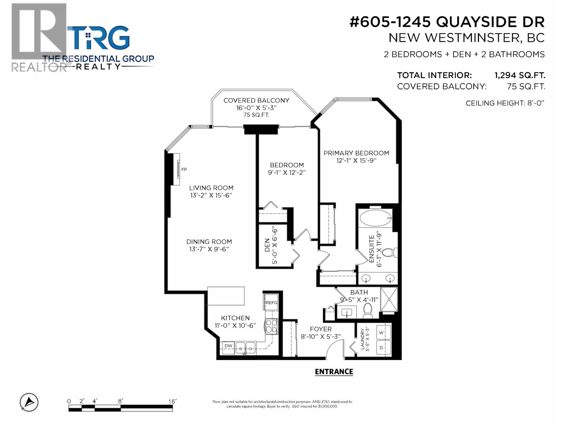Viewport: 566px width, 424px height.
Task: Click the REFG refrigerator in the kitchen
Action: (x=271, y=302)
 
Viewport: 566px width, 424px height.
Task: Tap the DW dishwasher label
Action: (x=228, y=346)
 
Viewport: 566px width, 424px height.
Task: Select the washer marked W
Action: (x=381, y=332)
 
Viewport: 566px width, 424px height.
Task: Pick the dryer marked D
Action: (x=381, y=347)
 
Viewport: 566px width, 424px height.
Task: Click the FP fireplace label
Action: (x=184, y=169)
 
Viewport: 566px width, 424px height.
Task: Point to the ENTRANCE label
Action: (x=334, y=372)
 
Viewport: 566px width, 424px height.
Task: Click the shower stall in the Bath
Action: (x=389, y=299)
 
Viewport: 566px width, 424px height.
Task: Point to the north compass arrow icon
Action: (x=29, y=402)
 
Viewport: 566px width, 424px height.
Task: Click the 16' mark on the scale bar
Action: (x=172, y=401)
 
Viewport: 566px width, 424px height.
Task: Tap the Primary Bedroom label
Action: (x=356, y=153)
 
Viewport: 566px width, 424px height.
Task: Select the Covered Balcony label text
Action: (x=256, y=100)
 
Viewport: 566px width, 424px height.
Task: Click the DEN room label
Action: (x=267, y=245)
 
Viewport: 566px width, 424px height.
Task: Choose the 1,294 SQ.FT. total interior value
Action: (x=520, y=75)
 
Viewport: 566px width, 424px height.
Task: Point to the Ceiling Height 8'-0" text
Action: (x=505, y=103)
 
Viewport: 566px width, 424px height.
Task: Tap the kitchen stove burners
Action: (x=272, y=326)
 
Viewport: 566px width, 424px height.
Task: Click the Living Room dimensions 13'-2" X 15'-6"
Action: (x=211, y=195)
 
